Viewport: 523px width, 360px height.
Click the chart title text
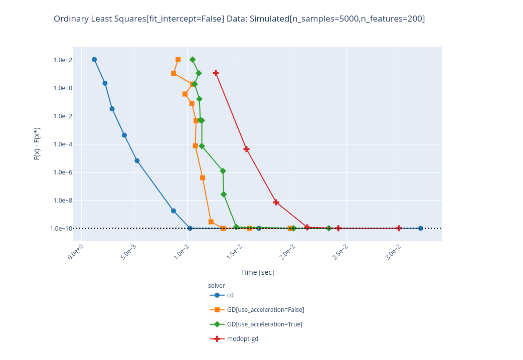[239, 19]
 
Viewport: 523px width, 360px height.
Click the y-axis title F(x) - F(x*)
[37, 143]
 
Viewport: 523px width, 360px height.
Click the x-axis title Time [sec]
[257, 272]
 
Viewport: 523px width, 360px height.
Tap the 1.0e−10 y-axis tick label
[62, 229]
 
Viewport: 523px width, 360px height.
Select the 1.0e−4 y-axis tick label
[63, 144]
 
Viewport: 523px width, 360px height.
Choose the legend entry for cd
[230, 295]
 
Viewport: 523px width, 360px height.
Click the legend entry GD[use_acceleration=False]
[265, 310]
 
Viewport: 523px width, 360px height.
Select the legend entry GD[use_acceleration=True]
[264, 324]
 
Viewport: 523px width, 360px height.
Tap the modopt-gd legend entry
[242, 339]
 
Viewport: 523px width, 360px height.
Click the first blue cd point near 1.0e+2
[94, 60]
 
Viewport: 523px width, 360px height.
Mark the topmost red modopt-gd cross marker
[216, 73]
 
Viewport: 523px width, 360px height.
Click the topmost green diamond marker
[193, 60]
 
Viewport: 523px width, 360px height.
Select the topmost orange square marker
[178, 60]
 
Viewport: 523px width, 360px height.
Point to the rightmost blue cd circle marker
[420, 228]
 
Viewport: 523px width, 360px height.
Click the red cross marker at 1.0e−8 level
[276, 202]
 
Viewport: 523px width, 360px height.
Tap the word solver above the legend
[216, 286]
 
